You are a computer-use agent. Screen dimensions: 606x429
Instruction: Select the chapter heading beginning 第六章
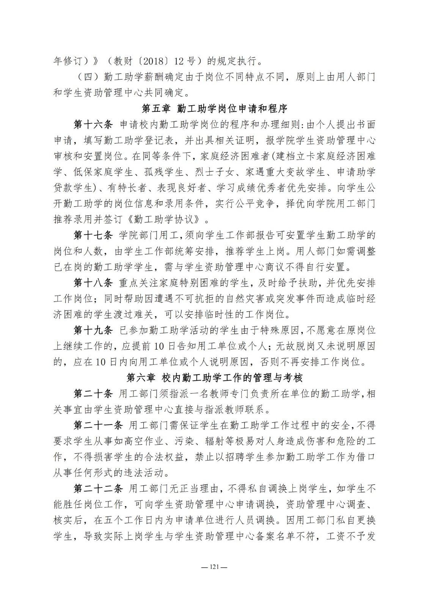coord(214,378)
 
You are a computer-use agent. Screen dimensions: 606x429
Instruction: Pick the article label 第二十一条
coord(97,425)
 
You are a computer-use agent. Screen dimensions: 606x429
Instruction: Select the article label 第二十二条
coord(97,489)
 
